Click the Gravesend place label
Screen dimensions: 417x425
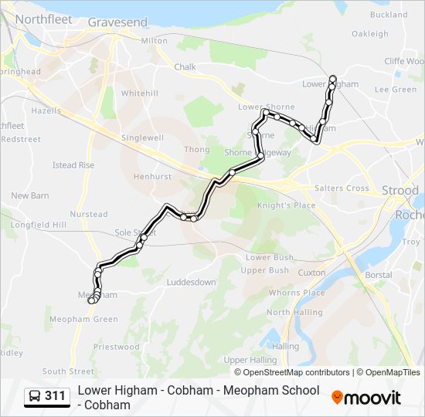point(117,22)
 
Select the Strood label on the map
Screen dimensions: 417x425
point(399,190)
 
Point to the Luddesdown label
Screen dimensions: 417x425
point(191,283)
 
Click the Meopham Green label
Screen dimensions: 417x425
point(83,319)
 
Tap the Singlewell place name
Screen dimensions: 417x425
point(142,137)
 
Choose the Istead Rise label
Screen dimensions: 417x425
point(73,165)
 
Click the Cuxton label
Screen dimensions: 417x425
point(311,273)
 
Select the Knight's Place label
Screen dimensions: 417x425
point(286,205)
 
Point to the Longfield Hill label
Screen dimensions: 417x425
point(38,225)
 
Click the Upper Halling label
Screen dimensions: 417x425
point(250,360)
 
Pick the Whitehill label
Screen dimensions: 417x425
point(139,93)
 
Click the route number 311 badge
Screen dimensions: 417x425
point(55,397)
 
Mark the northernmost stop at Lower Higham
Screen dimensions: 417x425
point(333,77)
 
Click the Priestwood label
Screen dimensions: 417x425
point(116,347)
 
